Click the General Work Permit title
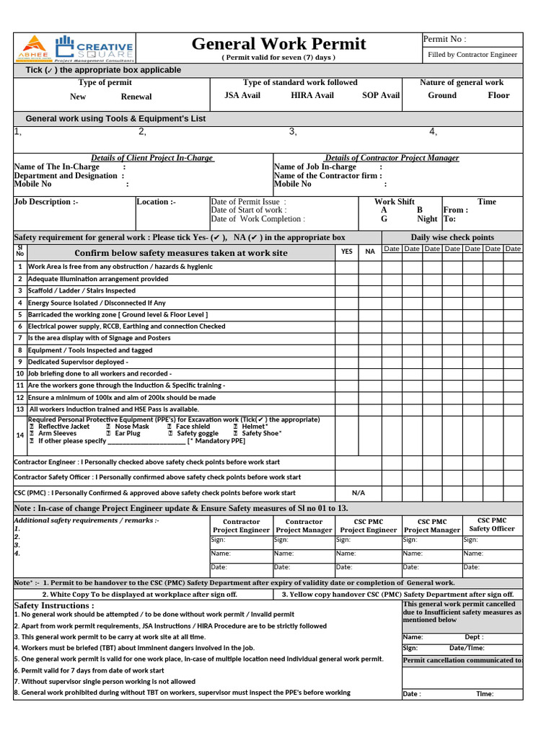pyautogui.click(x=278, y=44)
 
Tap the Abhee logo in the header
pyautogui.click(x=33, y=48)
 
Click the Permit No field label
pyautogui.click(x=444, y=39)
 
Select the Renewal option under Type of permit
pyautogui.click(x=136, y=97)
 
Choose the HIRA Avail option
pyautogui.click(x=312, y=95)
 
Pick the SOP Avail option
pyautogui.click(x=380, y=95)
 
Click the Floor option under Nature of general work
pyautogui.click(x=498, y=95)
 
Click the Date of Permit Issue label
pyautogui.click(x=248, y=202)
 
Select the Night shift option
pyautogui.click(x=427, y=219)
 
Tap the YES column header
pyautogui.click(x=347, y=252)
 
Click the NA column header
pyautogui.click(x=370, y=252)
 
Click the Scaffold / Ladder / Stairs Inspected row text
pyautogui.click(x=82, y=291)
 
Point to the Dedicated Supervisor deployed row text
pyautogui.click(x=78, y=362)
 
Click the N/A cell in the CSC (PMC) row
pyautogui.click(x=359, y=493)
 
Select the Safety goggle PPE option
pyautogui.click(x=197, y=433)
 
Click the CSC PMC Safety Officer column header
pyautogui.click(x=492, y=524)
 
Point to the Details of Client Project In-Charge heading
pyautogui.click(x=152, y=158)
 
